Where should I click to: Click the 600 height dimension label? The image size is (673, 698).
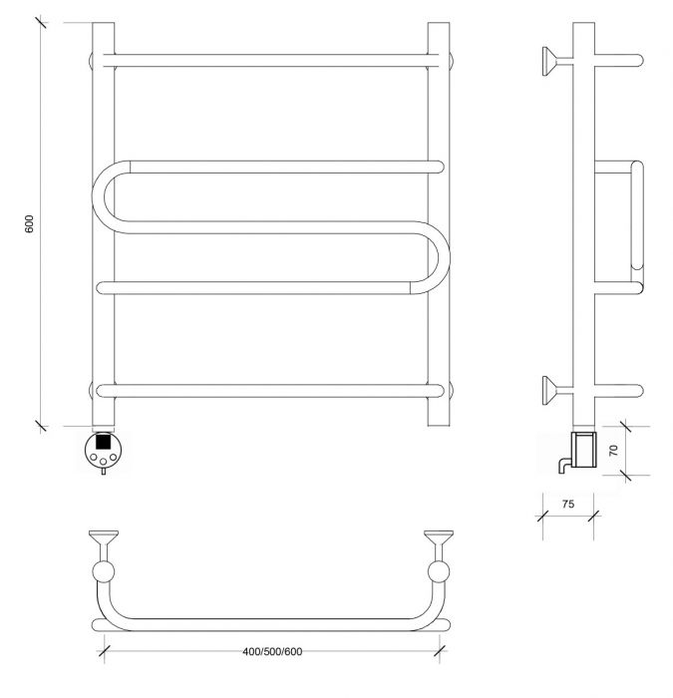coord(29,224)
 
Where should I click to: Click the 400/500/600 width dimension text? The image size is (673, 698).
coord(272,651)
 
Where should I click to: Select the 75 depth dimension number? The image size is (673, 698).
coord(568,504)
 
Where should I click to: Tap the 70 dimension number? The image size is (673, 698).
coord(613,450)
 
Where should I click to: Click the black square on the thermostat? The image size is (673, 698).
coord(103,441)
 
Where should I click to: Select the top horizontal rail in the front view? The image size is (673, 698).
coord(270,61)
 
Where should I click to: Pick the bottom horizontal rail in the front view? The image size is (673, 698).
coord(270,391)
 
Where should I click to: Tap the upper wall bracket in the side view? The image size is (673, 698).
coord(556,61)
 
